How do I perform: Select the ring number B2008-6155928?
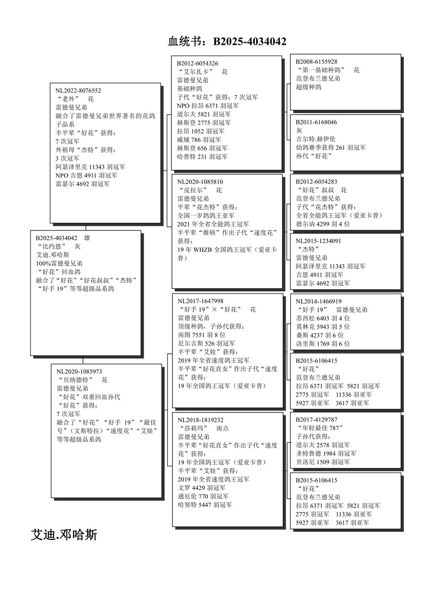[x=316, y=61]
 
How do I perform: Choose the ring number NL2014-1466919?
[x=319, y=301]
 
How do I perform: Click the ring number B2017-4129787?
[x=316, y=420]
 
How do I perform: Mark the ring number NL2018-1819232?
[x=201, y=420]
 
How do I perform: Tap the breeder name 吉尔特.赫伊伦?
[x=315, y=139]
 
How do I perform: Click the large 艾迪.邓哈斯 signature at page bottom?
[x=64, y=535]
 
